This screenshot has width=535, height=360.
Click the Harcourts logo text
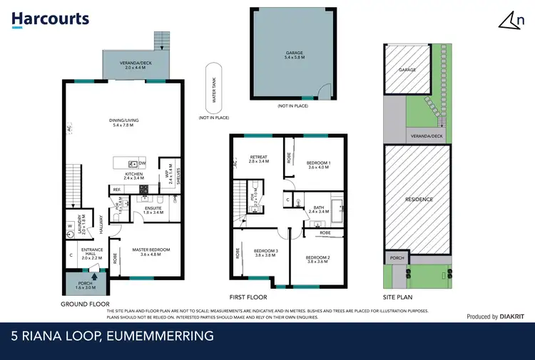coord(51,19)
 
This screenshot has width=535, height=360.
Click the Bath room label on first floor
coord(319,210)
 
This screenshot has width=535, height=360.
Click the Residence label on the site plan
coord(419,200)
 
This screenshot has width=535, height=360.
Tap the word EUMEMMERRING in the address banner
coord(154,336)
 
